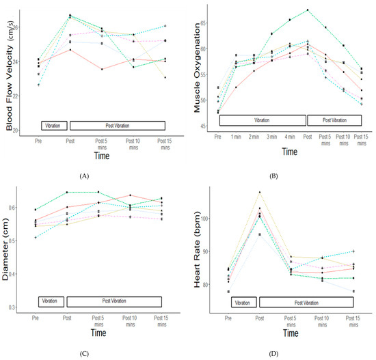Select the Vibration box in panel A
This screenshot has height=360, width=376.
[x=53, y=126]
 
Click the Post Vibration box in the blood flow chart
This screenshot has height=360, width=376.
[x=116, y=126]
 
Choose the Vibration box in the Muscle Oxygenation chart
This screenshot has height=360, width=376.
[x=261, y=120]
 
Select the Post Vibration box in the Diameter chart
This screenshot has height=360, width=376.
[x=116, y=301]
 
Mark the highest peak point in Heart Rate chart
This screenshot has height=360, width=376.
[x=260, y=192]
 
